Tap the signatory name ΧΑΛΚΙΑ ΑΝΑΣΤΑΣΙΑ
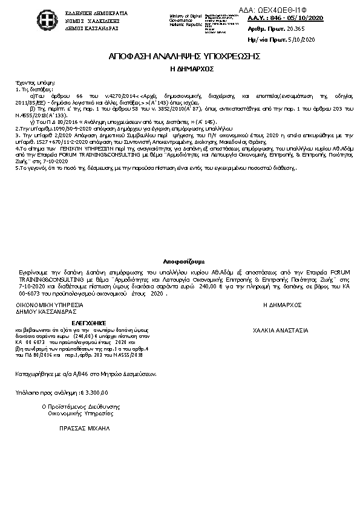click(x=281, y=330)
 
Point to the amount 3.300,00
click(x=96, y=393)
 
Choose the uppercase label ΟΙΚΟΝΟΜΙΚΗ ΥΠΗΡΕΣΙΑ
click(x=47, y=306)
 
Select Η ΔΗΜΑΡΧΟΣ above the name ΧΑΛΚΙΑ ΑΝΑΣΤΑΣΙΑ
click(x=283, y=306)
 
